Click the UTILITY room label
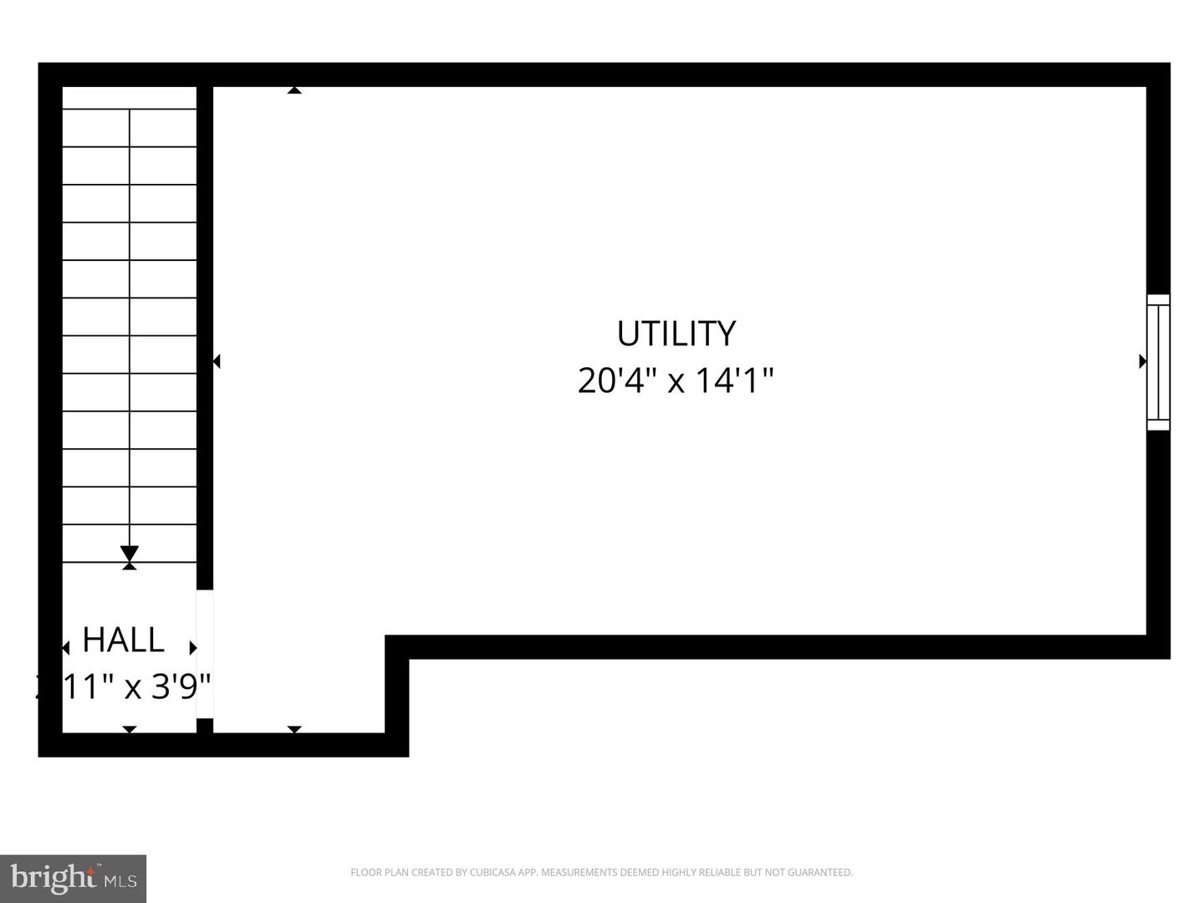coord(676,334)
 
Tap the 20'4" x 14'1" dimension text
coord(676,380)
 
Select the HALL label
coord(123,640)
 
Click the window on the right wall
coord(1158,362)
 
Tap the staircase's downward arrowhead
coord(130,554)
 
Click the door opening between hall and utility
coord(205,654)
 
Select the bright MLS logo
coord(74,878)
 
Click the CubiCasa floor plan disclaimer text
coord(601,873)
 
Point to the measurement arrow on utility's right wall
coord(1142,361)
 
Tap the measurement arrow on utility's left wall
coord(217,361)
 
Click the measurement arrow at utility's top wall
coord(294,89)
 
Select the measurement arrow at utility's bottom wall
coord(294,730)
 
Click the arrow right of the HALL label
coord(193,648)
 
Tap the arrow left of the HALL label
coord(65,649)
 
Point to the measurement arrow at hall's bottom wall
coord(130,730)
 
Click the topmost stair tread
coord(130,128)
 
